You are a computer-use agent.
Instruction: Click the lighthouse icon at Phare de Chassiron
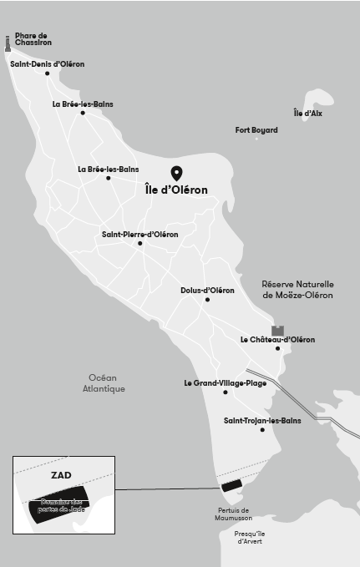[x=8, y=44]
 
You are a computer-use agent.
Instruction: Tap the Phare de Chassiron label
[x=32, y=40]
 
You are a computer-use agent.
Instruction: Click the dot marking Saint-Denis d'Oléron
[x=47, y=73]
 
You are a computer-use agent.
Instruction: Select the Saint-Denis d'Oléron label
[x=47, y=63]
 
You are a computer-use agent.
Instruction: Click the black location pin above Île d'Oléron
[x=177, y=173]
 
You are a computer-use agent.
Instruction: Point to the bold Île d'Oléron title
[x=177, y=190]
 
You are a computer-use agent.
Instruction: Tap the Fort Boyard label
[x=256, y=129]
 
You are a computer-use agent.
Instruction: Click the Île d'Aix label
[x=307, y=113]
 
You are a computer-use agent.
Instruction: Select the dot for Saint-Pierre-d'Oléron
[x=140, y=245]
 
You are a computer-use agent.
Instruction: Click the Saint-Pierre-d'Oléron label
[x=140, y=235]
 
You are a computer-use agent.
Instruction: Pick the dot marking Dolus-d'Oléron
[x=207, y=300]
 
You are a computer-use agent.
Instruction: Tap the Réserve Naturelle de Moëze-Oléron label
[x=297, y=289]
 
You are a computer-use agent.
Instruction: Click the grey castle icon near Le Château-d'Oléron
[x=277, y=331]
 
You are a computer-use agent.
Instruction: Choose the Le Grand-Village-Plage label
[x=226, y=383]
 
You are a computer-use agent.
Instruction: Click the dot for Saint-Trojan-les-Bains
[x=262, y=430]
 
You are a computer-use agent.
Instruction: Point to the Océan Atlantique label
[x=104, y=383]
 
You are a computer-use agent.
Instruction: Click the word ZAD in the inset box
[x=61, y=475]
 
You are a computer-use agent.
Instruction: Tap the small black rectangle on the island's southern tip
[x=230, y=484]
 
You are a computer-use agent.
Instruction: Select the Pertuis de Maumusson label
[x=233, y=514]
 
